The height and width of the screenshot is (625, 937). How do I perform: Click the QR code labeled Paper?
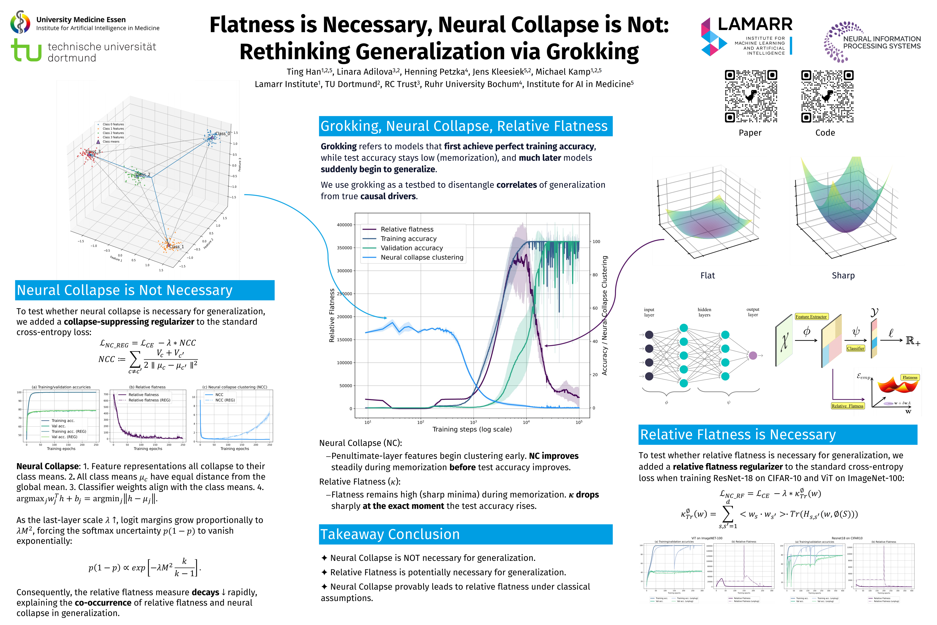(x=750, y=96)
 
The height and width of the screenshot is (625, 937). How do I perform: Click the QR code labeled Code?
(x=827, y=96)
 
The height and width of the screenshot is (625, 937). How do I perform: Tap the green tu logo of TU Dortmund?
(x=26, y=50)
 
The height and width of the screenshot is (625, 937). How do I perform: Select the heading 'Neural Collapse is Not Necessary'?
(x=125, y=290)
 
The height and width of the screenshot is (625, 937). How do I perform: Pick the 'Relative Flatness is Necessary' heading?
(x=738, y=434)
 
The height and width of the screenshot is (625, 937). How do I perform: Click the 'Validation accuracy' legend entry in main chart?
(x=411, y=248)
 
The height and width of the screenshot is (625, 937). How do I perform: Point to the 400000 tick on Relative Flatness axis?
(x=344, y=225)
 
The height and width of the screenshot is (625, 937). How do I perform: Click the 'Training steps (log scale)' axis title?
(x=472, y=429)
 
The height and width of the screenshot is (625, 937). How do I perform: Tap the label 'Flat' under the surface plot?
(x=708, y=275)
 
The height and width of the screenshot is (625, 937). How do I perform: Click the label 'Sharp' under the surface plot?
(x=843, y=275)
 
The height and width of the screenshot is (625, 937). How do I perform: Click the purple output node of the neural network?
(x=753, y=355)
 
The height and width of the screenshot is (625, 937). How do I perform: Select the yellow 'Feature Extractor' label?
(x=811, y=317)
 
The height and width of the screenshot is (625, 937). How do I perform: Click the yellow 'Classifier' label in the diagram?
(x=855, y=348)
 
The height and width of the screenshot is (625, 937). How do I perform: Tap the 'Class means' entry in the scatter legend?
(x=111, y=141)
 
